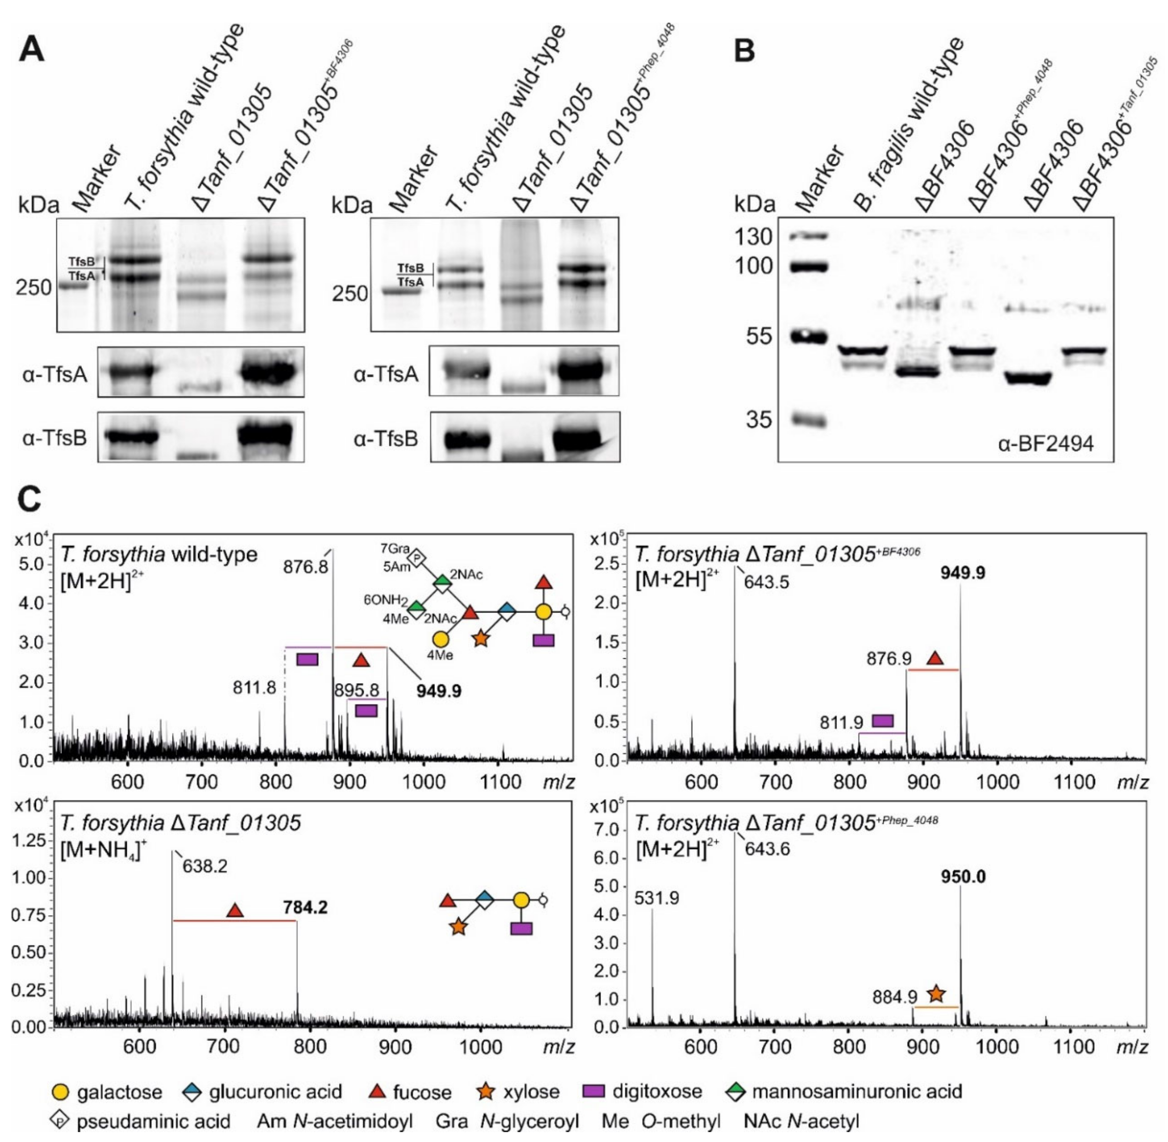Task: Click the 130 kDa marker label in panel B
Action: [x=754, y=237]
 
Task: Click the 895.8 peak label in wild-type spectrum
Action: [x=356, y=690]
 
